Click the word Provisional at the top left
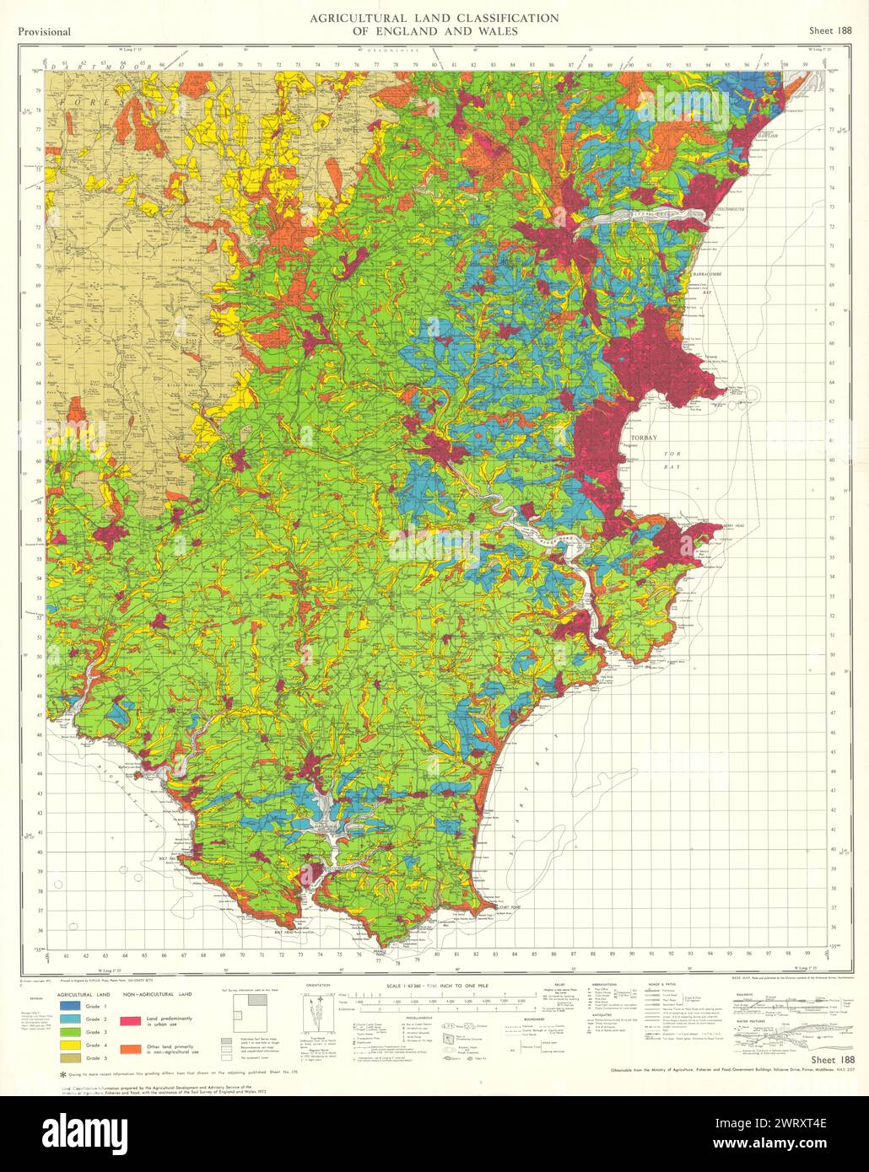(43, 32)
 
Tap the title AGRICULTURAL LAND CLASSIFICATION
(434, 18)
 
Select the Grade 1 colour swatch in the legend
(71, 1006)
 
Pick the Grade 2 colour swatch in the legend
(71, 1019)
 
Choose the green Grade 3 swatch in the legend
(71, 1031)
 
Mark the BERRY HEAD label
(736, 524)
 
